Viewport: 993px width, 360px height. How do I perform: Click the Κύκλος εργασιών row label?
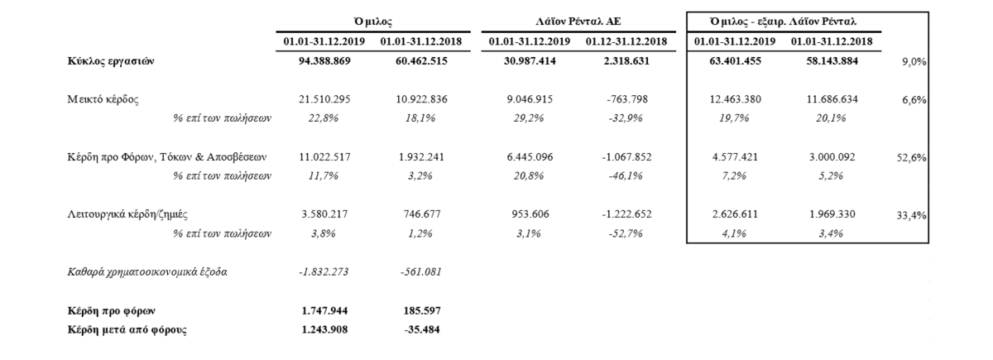coord(111,61)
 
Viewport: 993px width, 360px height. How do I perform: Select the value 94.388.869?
coord(324,60)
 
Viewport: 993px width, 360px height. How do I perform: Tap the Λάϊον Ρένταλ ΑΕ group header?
coord(578,22)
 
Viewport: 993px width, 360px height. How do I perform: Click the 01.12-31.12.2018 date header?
coord(626,41)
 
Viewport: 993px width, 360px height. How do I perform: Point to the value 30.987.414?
coord(530,60)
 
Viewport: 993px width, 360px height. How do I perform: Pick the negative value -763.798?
coord(627,98)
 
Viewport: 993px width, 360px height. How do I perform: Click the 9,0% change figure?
coord(914,62)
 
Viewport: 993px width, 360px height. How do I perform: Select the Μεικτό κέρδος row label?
coord(103,99)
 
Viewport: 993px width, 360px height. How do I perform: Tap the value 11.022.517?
coord(324,156)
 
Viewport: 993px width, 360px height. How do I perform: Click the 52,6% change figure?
coord(911,158)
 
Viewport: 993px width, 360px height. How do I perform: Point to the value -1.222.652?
coord(627,214)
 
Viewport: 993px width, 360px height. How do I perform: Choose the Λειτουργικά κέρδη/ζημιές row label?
coord(127,214)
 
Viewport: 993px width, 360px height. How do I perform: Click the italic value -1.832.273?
coord(324,271)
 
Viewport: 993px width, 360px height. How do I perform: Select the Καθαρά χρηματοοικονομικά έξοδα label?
coord(147,271)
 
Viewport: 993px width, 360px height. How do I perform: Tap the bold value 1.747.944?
coord(324,310)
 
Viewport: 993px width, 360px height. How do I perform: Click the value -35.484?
coord(421,329)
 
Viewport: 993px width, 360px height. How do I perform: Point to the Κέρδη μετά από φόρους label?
coord(127,330)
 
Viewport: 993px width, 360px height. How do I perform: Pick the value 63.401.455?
coord(735,60)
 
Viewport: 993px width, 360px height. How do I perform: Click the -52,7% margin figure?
coord(626,233)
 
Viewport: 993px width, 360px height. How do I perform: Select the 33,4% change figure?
coord(911,215)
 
